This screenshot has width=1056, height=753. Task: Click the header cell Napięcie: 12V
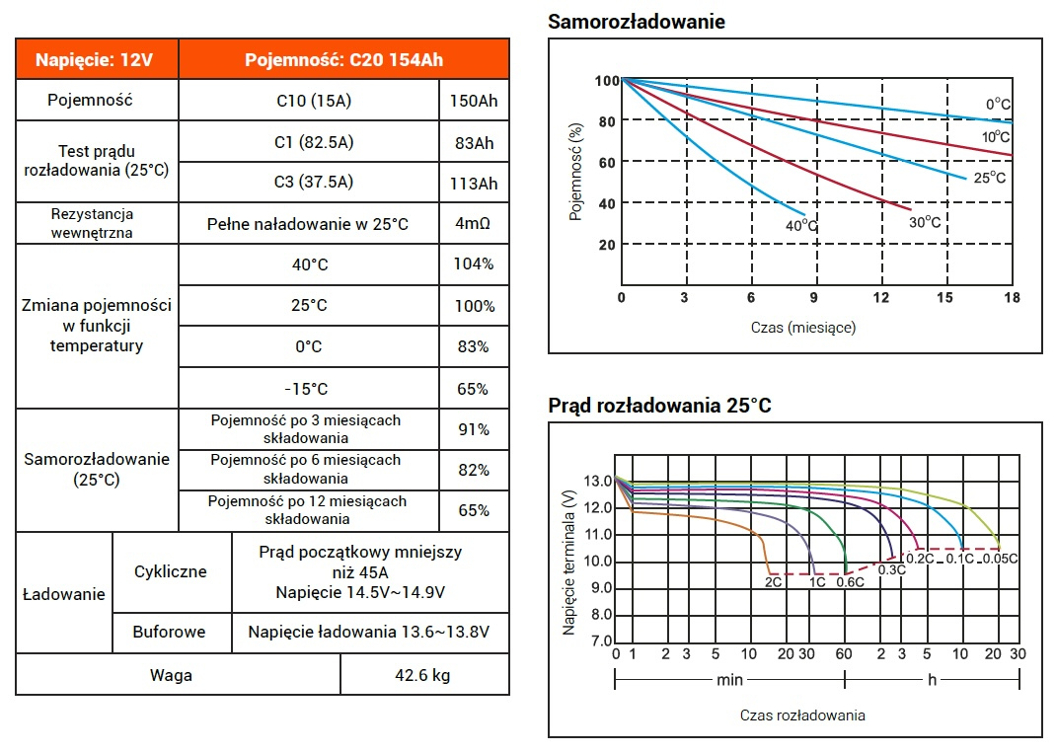(96, 59)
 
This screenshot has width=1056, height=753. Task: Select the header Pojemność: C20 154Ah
(343, 59)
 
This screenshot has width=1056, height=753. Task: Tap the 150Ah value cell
(474, 101)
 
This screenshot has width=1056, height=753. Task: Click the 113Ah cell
(474, 184)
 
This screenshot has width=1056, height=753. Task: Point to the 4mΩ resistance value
(474, 224)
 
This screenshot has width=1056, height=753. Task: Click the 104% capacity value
(474, 264)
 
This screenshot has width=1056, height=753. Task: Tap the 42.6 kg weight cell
(424, 676)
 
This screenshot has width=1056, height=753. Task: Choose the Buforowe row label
(170, 632)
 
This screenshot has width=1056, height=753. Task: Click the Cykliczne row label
(171, 571)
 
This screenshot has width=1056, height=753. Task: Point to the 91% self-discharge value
(474, 429)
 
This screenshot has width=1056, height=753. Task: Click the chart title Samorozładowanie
(637, 21)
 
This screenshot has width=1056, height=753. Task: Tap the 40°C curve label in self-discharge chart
(802, 226)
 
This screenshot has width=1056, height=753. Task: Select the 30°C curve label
(925, 222)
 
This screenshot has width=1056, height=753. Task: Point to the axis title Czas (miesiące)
(803, 327)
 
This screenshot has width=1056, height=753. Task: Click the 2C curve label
(774, 582)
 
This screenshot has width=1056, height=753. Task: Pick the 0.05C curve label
(1000, 559)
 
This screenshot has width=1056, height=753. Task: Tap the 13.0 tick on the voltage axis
(598, 482)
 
